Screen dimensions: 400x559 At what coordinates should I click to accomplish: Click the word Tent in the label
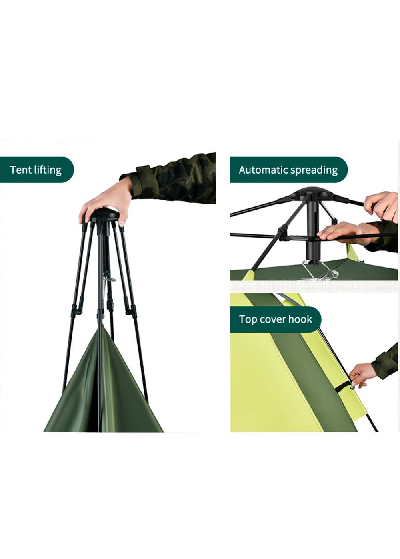21,170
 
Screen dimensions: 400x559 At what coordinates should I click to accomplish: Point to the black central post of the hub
312,230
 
